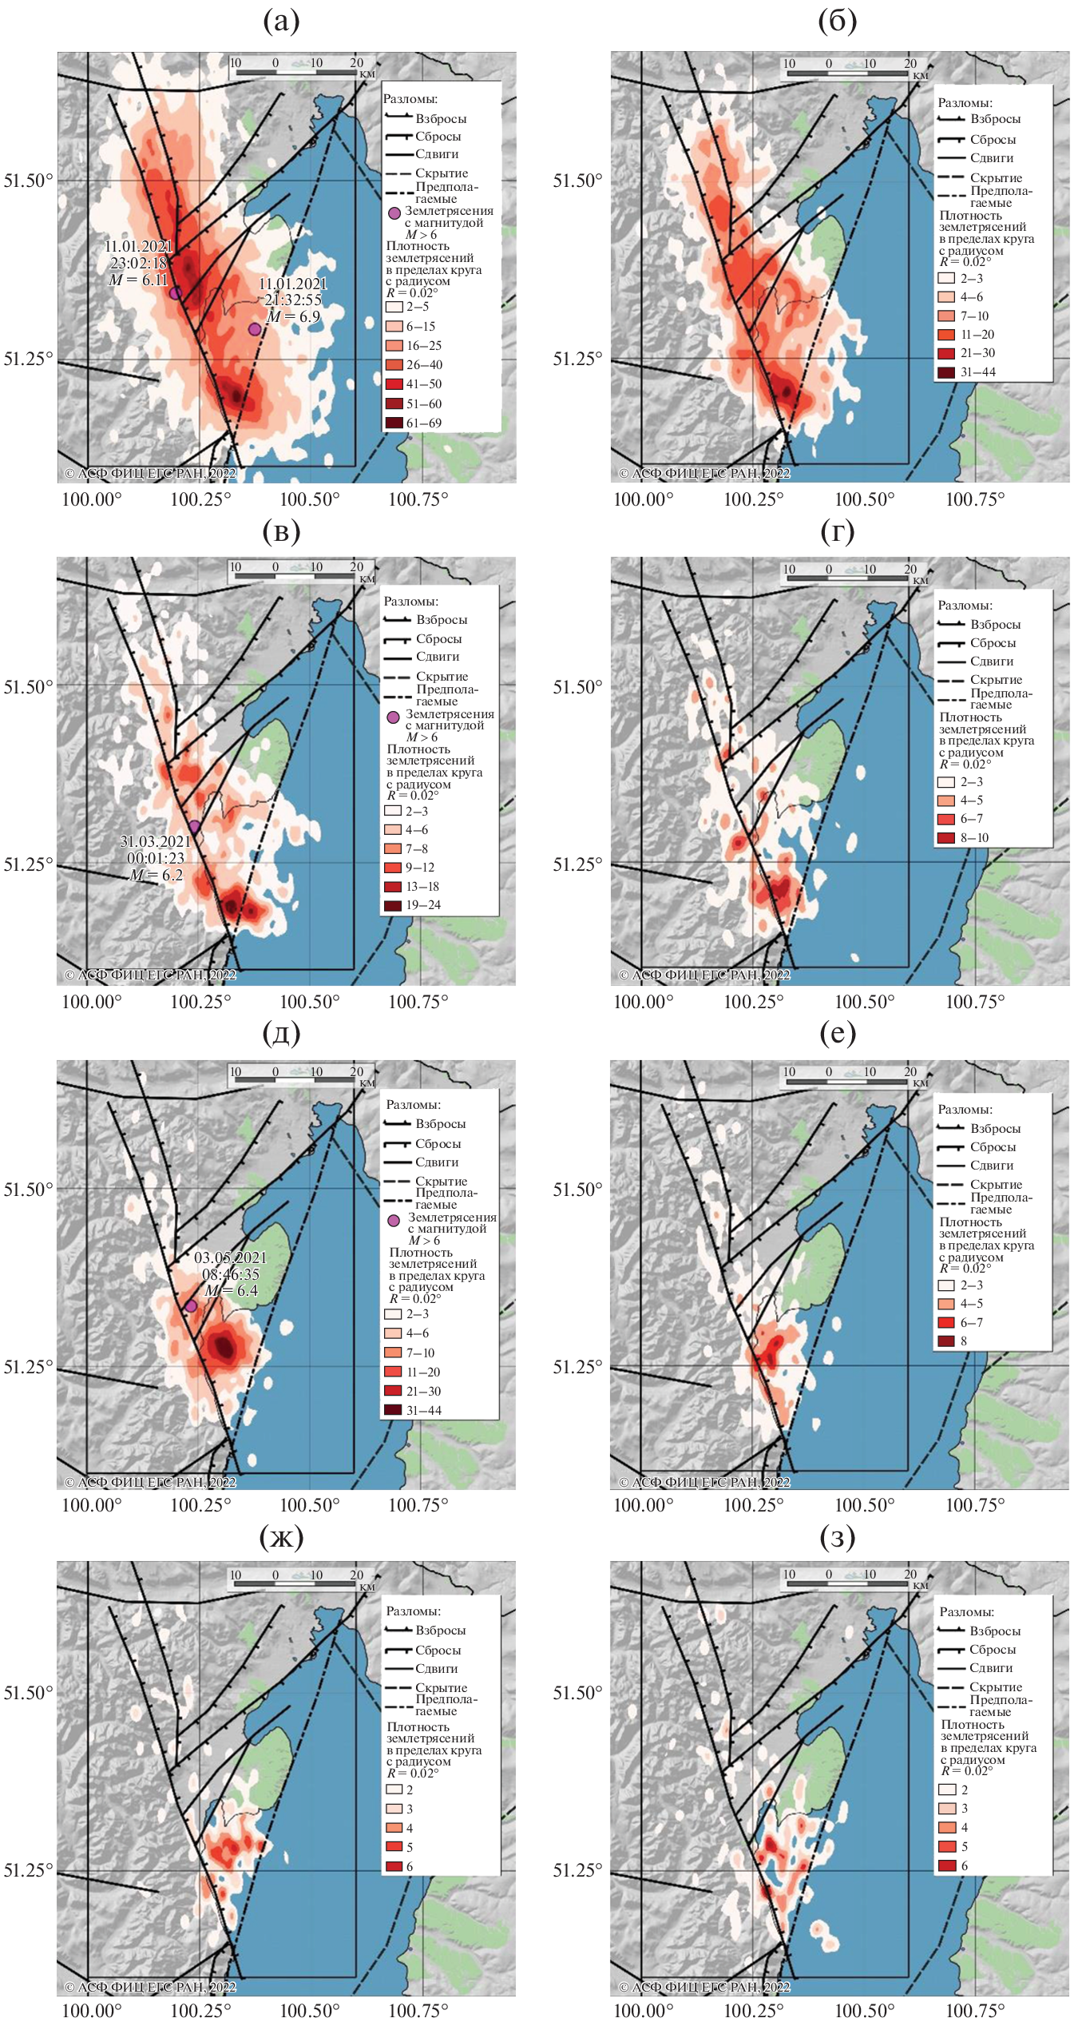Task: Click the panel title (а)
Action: coord(281,22)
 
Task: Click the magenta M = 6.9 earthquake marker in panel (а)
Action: coord(255,329)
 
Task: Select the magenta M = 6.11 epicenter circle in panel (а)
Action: coord(176,293)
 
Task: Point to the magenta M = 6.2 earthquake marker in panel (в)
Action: coord(194,827)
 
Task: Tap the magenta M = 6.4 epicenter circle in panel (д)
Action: coord(191,1305)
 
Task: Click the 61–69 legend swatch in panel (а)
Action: coord(394,423)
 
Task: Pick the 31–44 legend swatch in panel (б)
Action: coord(946,371)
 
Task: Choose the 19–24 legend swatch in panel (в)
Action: coord(393,905)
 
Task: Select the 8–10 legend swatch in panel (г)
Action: coord(946,837)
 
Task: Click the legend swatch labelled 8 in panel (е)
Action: coord(946,1341)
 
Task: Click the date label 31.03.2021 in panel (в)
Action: coord(156,841)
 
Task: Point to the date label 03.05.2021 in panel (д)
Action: coord(230,1257)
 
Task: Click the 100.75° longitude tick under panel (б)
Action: coord(974,500)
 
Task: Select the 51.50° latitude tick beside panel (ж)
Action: coord(28,1693)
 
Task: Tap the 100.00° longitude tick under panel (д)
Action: coord(92,1505)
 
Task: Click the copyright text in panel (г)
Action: coord(704,975)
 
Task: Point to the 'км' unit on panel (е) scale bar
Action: coord(920,1083)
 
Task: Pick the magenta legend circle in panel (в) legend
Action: coord(393,717)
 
